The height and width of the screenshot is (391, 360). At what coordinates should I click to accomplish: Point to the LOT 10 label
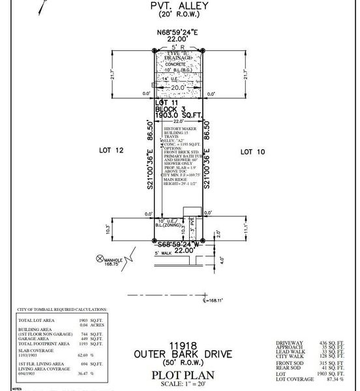tap(255, 151)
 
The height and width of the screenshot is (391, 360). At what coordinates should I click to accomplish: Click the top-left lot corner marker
tap(155, 50)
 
